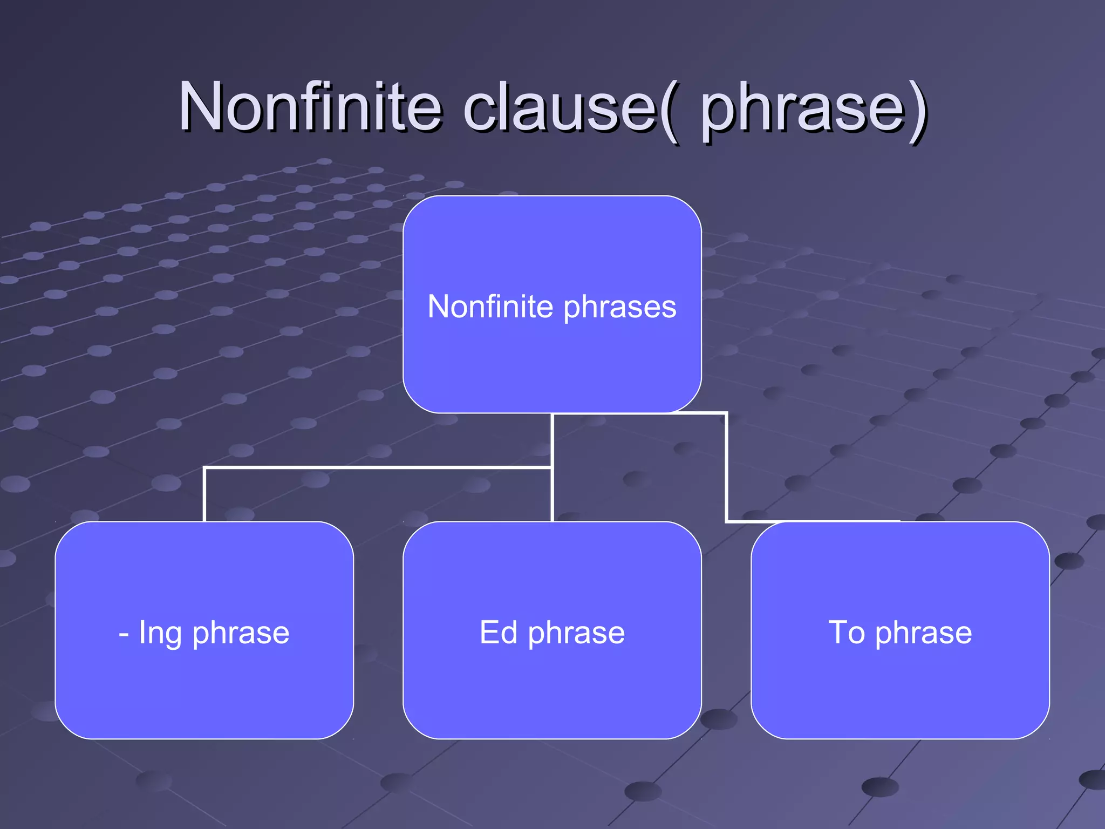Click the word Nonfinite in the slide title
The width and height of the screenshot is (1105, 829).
coord(310,106)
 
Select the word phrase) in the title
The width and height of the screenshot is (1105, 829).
coord(812,111)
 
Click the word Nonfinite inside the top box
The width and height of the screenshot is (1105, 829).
coord(490,307)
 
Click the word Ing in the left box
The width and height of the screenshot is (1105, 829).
coord(160,633)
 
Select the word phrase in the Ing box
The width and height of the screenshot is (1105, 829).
coord(241,634)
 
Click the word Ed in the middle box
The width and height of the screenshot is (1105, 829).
coord(498,633)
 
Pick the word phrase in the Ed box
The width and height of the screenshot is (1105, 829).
coord(576,634)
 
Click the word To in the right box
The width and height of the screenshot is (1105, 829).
coord(847,633)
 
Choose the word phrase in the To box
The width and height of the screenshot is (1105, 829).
coord(923,634)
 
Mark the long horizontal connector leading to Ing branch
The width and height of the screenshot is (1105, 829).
coord(378,467)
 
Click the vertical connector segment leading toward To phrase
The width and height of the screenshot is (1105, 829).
coord(727,467)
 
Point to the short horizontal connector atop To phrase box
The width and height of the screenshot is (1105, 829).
coord(809,521)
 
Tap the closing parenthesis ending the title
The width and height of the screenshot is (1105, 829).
coord(917,111)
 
